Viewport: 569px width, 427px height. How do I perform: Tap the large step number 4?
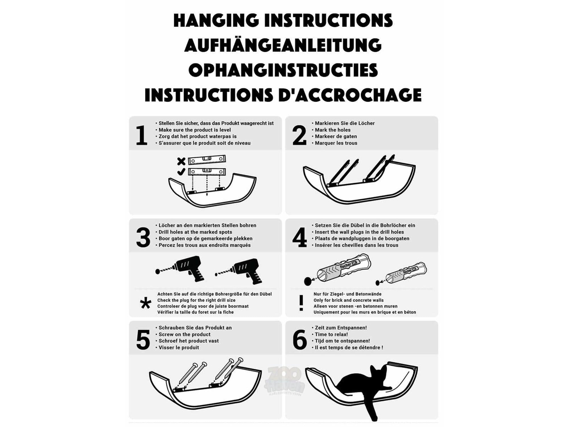tap(300, 237)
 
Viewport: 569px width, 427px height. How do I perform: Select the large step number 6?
tap(300, 340)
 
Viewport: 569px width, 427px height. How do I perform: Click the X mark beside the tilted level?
tap(181, 161)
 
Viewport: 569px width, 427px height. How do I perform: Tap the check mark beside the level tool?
tap(181, 172)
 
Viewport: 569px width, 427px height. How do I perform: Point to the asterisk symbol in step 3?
tap(146, 303)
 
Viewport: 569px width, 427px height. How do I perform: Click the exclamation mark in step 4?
tap(301, 303)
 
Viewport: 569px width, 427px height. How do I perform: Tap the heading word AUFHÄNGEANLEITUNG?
tap(283, 45)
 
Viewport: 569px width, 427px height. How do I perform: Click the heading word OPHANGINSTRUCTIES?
tap(283, 70)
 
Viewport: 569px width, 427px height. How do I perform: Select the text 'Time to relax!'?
tap(331, 334)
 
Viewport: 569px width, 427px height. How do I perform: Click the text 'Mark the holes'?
tap(333, 130)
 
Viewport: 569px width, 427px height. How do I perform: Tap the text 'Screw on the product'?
tap(185, 334)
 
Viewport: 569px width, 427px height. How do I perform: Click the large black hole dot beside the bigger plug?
tap(308, 282)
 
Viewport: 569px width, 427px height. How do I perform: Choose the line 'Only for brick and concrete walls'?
tap(349, 300)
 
